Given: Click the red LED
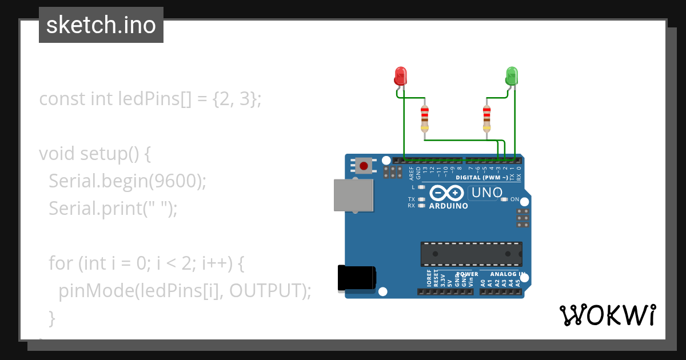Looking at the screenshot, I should click(401, 75).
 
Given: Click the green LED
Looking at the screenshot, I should click(512, 75).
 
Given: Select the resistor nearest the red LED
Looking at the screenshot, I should click(424, 118).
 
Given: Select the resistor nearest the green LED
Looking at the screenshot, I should click(486, 118).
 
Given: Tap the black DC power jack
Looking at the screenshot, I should click(356, 278).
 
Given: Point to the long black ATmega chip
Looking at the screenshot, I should click(471, 254).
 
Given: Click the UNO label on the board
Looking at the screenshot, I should click(487, 193).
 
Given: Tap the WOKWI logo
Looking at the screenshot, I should click(607, 315).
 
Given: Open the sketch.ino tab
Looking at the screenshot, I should click(101, 25).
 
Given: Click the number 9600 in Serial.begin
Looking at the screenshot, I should click(173, 181).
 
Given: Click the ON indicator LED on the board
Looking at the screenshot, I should click(504, 199).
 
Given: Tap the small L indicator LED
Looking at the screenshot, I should click(422, 187).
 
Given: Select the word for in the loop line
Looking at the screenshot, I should click(61, 263).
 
